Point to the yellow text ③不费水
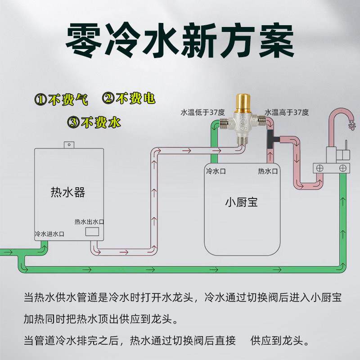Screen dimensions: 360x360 coord(95,121)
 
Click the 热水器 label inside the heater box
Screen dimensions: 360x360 coord(67,193)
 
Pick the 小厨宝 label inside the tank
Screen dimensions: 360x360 coord(241,202)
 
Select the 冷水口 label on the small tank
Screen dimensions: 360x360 coord(215,171)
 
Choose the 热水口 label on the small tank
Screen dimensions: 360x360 coord(267,171)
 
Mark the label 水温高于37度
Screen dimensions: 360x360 coord(287,112)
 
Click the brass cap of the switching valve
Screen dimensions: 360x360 coord(243,103)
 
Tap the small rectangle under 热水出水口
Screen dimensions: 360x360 coord(93,232)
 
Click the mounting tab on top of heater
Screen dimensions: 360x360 coord(68,144)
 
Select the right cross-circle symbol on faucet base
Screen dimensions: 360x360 coord(343,168)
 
